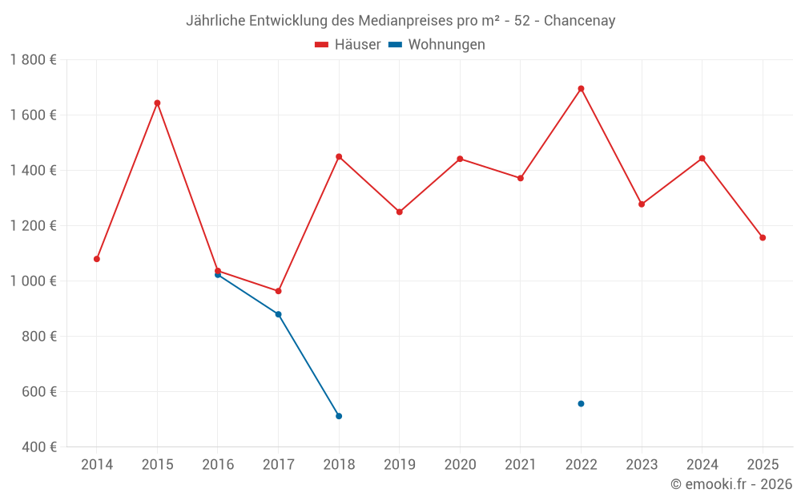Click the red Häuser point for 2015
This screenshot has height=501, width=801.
pos(157,103)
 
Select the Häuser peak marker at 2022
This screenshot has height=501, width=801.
pos(581,88)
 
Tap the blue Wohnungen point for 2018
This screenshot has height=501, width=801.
pos(339,416)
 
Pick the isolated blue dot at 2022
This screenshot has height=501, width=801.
pos(581,403)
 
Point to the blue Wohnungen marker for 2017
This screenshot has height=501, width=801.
pos(278,314)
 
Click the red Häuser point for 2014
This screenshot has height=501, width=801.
pos(97,259)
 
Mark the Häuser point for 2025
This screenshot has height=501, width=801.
pos(763,237)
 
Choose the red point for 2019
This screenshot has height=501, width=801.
pos(399,212)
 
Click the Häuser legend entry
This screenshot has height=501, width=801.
pos(348,45)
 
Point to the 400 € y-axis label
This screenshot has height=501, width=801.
pos(39,446)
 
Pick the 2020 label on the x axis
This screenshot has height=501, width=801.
pos(460,465)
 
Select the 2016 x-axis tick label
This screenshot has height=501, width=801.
pos(218,465)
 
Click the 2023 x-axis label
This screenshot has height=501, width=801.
pos(642,465)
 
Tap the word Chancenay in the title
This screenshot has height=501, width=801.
pos(579,21)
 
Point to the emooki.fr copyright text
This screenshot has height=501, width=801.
pos(731,484)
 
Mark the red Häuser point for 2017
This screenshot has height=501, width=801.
pos(278,291)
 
